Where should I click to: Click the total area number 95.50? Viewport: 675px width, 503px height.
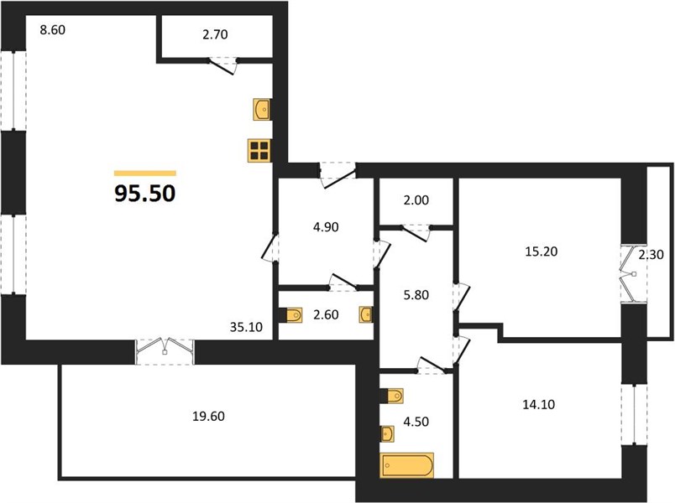144,194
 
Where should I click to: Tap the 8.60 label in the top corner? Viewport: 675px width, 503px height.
53,30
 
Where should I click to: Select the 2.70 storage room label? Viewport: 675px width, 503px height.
215,34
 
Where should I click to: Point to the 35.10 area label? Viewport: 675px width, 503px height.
246,327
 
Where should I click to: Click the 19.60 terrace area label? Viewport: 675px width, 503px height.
208,416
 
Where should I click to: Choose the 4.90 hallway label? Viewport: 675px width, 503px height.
326,227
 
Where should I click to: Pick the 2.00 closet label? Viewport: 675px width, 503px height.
416,200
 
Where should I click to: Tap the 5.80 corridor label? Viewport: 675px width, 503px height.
416,295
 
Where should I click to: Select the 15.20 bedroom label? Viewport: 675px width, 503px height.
542,251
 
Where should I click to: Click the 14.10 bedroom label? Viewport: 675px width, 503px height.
538,405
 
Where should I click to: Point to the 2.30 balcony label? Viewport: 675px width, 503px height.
651,255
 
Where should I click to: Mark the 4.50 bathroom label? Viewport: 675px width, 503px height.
416,422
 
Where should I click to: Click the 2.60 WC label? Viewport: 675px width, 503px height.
326,314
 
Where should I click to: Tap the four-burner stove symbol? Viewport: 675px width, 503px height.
259,150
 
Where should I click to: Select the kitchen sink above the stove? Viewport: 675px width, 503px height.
262,109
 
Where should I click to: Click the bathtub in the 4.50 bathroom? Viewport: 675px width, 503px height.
407,465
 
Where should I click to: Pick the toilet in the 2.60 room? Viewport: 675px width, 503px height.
290,315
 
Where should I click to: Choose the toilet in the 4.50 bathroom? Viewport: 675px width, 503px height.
392,396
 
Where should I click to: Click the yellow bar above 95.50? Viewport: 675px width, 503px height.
145,174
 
